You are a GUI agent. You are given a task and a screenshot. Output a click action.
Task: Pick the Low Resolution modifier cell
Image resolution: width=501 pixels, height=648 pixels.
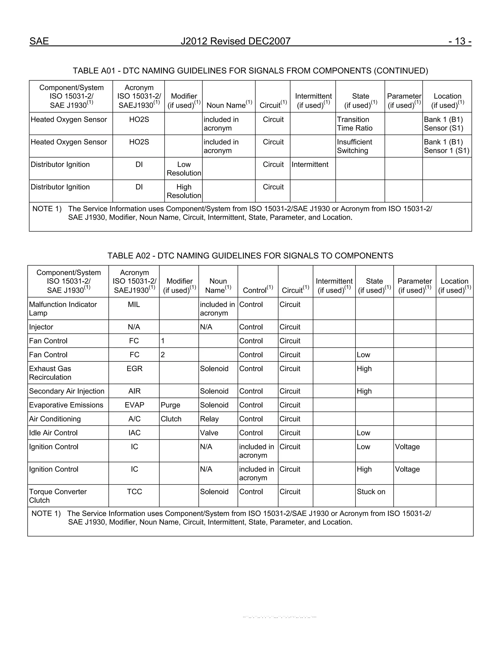point(184,169)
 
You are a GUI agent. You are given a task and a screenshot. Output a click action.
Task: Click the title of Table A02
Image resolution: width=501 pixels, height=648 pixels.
point(250,256)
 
